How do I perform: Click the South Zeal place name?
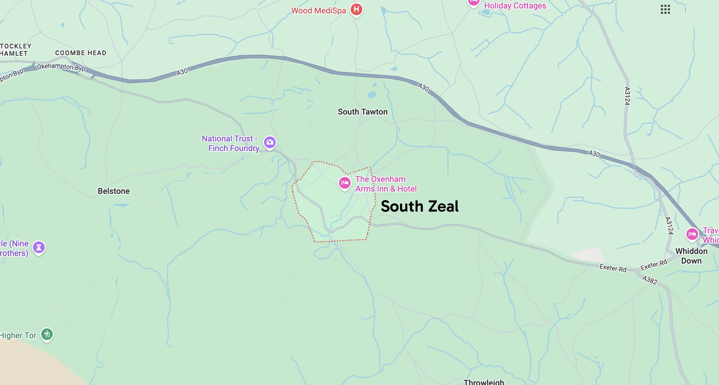419,206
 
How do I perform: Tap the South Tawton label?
362,112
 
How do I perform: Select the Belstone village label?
114,191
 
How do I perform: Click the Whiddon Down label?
691,256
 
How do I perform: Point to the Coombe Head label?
81,53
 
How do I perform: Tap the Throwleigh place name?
484,382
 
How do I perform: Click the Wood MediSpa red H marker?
356,9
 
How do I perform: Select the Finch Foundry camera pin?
270,142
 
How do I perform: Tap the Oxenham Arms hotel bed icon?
344,183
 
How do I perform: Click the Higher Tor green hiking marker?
47,334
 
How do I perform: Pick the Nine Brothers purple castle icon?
39,247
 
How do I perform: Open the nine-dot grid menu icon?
665,9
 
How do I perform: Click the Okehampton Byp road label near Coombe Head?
61,67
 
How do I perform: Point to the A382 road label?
650,280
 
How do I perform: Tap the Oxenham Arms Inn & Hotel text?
386,184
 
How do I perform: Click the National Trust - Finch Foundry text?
231,143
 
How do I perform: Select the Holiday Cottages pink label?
515,6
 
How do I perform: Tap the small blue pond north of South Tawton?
371,95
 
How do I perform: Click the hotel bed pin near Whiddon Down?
692,234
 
